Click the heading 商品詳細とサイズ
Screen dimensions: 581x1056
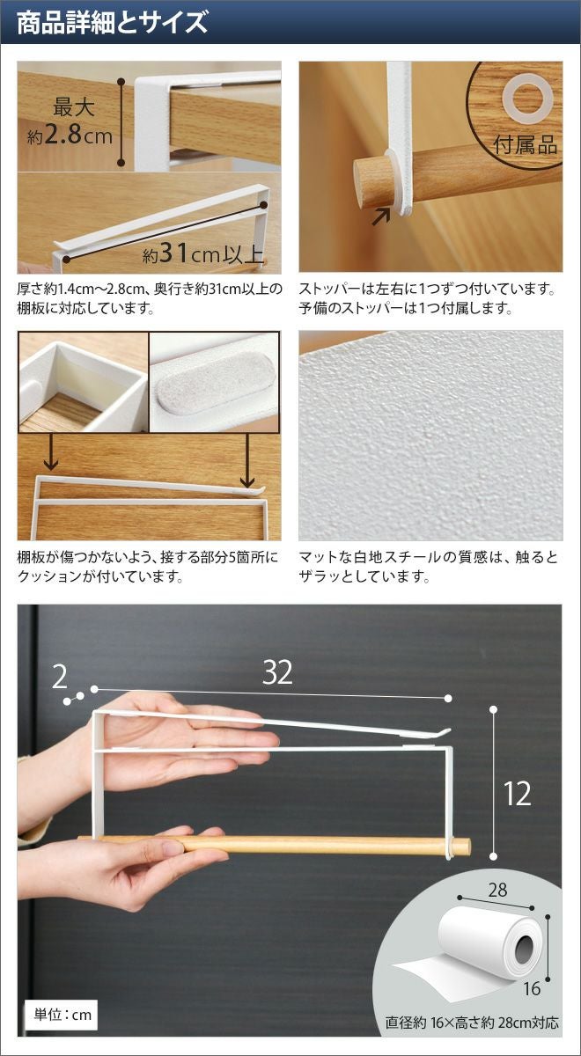click(113, 22)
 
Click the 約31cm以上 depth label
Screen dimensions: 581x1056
click(203, 254)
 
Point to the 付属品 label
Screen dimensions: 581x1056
click(526, 144)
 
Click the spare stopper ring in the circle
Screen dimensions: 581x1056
click(526, 97)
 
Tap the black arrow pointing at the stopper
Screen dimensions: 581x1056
click(381, 216)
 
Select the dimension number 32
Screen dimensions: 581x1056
click(277, 672)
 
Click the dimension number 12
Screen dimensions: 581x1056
click(517, 793)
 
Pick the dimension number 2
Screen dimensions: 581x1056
click(60, 678)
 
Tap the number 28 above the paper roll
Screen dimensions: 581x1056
click(497, 890)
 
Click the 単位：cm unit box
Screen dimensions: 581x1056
click(62, 1015)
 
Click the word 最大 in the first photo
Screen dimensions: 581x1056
click(74, 107)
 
